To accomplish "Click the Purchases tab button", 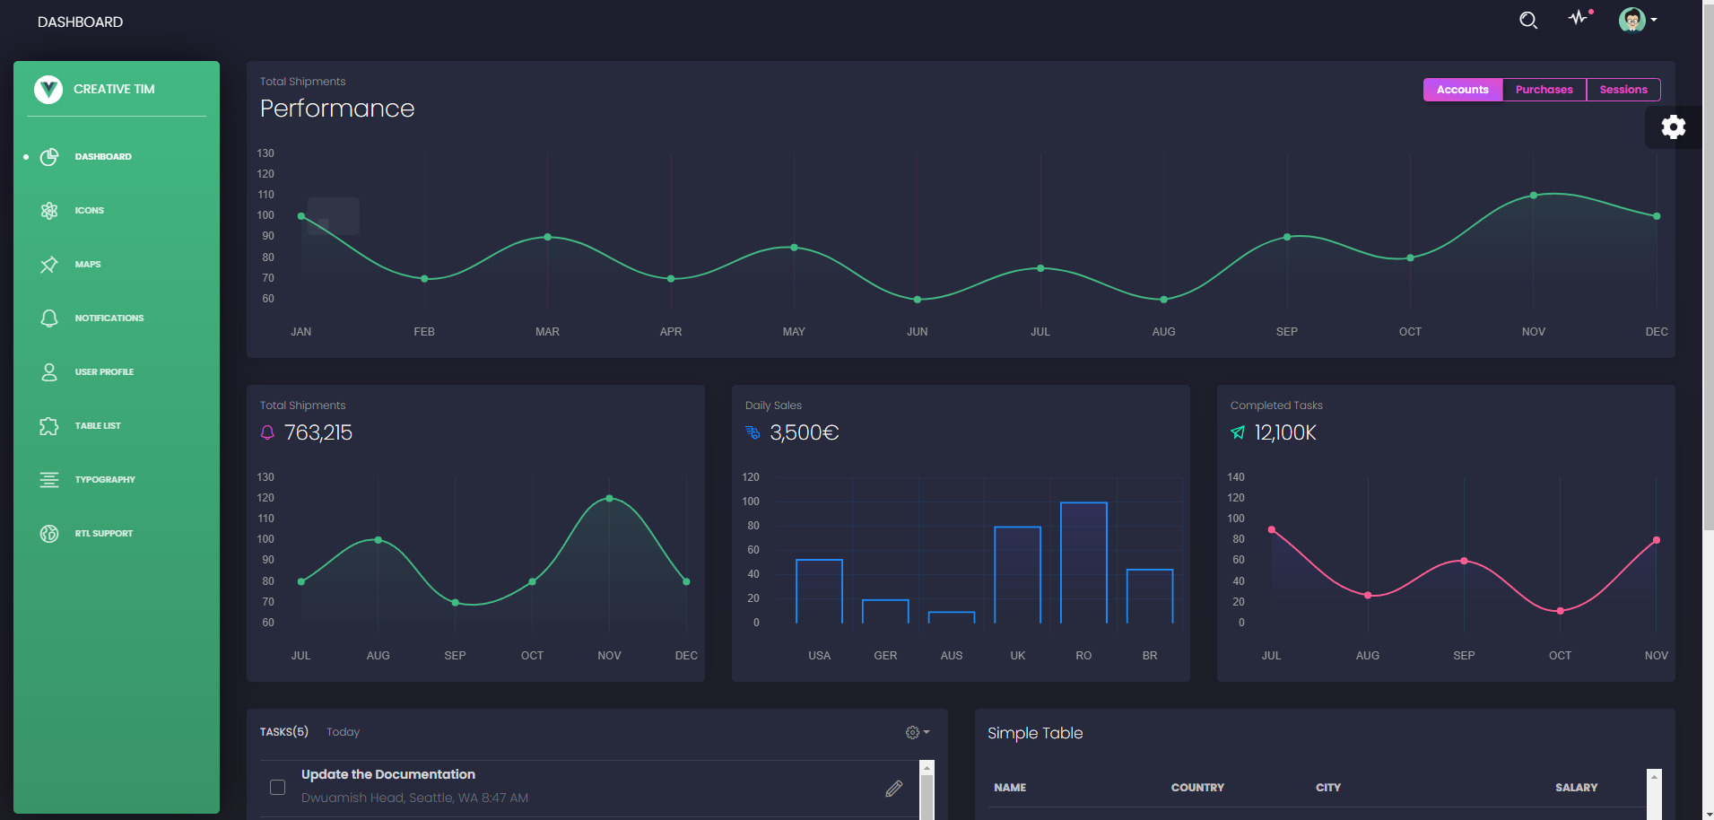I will coord(1544,90).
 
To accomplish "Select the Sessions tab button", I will coord(1623,90).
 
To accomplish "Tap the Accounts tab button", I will coord(1462,90).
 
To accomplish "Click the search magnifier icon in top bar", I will coord(1528,20).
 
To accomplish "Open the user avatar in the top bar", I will coord(1631,20).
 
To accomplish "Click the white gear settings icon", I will coord(1673,127).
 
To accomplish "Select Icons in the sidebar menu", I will coord(89,211).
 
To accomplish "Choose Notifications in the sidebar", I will coord(109,318).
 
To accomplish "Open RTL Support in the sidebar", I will coord(103,534).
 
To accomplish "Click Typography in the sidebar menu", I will coord(105,480).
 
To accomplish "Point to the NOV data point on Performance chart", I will coord(1533,196).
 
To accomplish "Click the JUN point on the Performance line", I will coord(917,300).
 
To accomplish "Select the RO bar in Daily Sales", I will coord(1083,563).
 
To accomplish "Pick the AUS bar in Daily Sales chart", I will coord(951,617).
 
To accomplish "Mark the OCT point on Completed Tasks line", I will coord(1560,611).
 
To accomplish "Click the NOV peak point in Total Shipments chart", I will coord(609,498).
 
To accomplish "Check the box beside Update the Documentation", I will coord(278,787).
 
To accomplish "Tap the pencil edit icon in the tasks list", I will coord(893,789).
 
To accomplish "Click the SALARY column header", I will coord(1576,788).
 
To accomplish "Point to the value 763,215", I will coord(318,433).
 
